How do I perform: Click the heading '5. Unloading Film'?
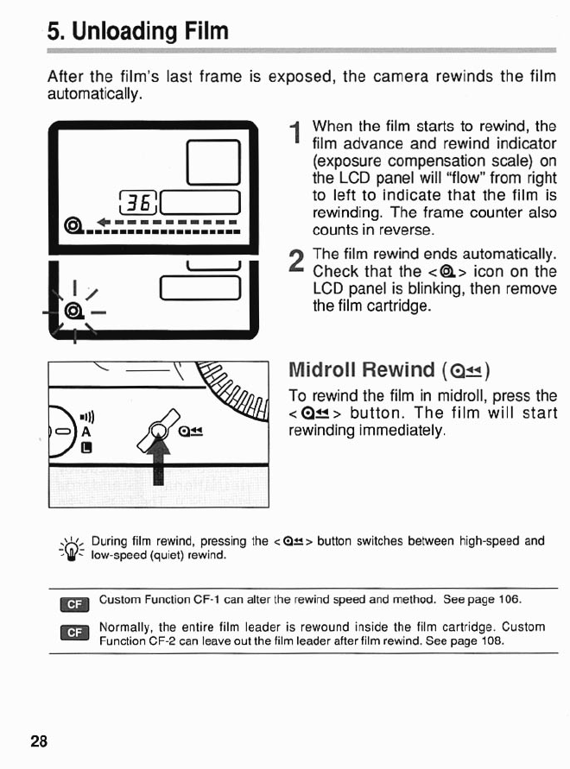point(138,33)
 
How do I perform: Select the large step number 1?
point(295,134)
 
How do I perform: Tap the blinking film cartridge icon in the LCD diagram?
point(75,310)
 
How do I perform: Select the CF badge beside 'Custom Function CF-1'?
point(73,603)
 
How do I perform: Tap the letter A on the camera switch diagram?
point(87,432)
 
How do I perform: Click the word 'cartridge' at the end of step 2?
point(398,306)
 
